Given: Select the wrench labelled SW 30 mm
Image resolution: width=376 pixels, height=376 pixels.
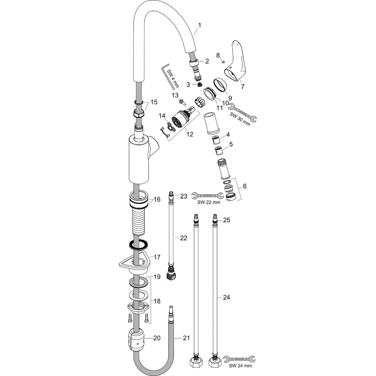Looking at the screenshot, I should tap(243, 113).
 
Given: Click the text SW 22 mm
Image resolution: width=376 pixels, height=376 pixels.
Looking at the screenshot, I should tap(209, 202).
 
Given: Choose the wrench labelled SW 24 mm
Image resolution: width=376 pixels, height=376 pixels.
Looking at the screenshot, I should tap(240, 358).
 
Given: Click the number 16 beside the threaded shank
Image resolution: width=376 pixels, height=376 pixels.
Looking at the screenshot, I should tap(157, 199).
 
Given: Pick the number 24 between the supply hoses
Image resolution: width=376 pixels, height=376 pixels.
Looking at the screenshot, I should tap(226, 297).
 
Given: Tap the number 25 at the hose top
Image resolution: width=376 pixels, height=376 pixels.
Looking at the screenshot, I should tap(227, 220).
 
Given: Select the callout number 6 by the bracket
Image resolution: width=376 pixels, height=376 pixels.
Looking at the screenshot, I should tap(245, 186).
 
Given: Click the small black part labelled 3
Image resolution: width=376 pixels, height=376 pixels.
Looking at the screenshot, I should tap(198, 84).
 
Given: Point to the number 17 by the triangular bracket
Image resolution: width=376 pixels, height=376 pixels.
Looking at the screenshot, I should tap(157, 257).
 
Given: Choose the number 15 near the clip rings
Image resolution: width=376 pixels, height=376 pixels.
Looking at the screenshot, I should tap(154, 102).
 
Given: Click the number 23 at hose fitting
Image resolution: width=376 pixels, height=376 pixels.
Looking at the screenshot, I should tap(183, 196).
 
